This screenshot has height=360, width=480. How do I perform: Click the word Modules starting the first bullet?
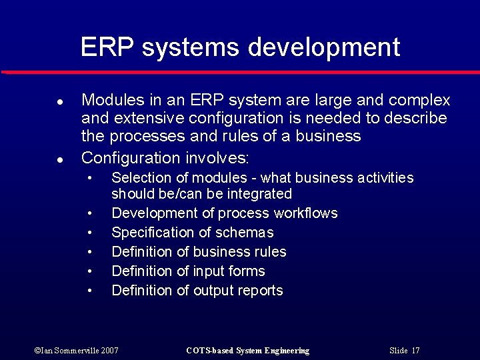pos(113,101)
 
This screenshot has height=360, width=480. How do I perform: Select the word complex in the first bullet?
pos(419,101)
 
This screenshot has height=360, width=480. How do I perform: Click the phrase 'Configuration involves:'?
pos(165,158)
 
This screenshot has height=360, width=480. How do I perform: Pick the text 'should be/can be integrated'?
pos(201,194)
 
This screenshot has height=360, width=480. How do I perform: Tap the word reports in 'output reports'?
pos(260,291)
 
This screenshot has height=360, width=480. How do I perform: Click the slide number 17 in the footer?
pos(415,351)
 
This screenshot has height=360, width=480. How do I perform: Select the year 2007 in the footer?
pos(109,351)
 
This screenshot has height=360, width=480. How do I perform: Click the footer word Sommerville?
pos(71,351)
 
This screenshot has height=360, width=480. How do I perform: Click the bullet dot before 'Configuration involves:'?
pos(59,160)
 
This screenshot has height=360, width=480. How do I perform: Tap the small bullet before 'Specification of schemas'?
pos(89,233)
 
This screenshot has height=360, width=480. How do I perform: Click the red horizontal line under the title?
pos(240,71)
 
